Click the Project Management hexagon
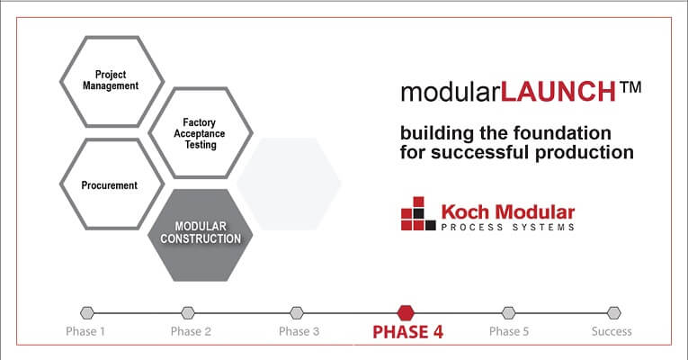pos(112,82)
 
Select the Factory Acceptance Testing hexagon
pos(201,133)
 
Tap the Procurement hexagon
pos(112,184)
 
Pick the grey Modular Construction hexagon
pos(201,235)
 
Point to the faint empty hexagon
pos(289,184)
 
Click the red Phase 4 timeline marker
pos(406,313)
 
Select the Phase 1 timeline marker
pos(87,313)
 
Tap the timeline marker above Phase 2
pos(188,313)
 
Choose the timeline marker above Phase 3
pos(297,313)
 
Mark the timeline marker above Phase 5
pos(508,313)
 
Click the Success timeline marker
pos(614,313)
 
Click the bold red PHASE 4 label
pos(407,332)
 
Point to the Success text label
pos(612,331)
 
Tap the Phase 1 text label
pos(85,331)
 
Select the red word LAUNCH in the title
pos(558,91)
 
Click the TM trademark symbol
pos(630,87)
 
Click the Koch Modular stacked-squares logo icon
pos(418,213)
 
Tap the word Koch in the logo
pos(465,212)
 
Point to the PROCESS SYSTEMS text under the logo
pos(507,227)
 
